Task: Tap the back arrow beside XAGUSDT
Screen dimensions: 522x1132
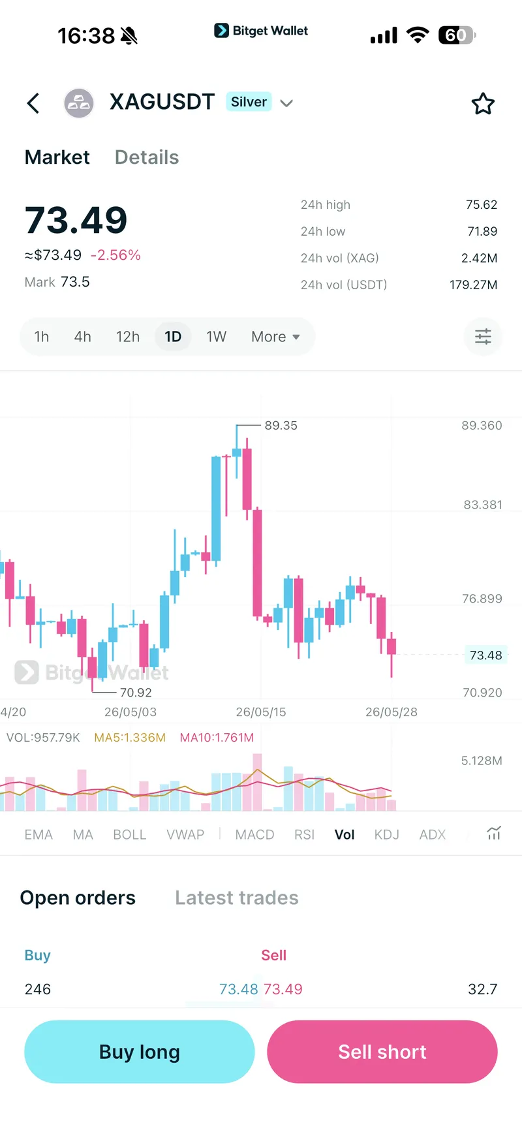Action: pos(33,103)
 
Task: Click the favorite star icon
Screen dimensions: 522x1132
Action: pos(483,103)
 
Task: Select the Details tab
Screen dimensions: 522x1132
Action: pos(147,157)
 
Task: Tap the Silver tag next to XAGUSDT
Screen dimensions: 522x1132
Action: pos(249,102)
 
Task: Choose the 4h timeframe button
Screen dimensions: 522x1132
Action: pos(83,337)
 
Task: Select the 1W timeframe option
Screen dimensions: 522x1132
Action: pos(217,337)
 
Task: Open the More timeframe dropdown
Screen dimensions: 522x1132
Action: pos(275,337)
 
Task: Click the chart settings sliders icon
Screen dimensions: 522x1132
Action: pos(483,337)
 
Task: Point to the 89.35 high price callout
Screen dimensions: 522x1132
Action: pos(281,426)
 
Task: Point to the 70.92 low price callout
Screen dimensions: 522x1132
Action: pos(136,693)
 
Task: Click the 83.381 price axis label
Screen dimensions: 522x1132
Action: pos(483,505)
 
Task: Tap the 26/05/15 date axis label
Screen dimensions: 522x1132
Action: pos(261,712)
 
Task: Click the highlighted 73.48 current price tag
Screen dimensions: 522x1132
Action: pos(486,655)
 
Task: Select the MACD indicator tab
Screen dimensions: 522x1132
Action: pos(254,835)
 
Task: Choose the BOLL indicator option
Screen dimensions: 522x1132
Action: pos(130,835)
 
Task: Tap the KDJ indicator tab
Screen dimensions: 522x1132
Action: pos(387,835)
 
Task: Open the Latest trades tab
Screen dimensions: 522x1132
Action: pos(237,898)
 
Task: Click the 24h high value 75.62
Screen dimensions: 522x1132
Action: pos(482,205)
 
